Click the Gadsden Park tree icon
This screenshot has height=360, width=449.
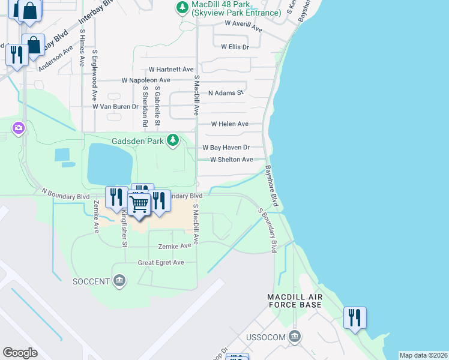click(x=173, y=140)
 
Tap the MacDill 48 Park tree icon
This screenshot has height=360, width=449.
click(x=181, y=7)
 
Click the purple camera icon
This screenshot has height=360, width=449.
click(x=19, y=127)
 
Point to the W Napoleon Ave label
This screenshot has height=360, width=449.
click(x=146, y=80)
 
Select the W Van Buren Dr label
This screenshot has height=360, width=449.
click(x=115, y=106)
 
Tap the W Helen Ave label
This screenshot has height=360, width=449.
click(x=229, y=124)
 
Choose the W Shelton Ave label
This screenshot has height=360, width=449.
click(x=231, y=160)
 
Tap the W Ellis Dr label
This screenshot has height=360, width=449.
click(x=235, y=46)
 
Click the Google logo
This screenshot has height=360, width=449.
click(x=20, y=352)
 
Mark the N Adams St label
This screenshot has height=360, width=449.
click(x=225, y=93)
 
